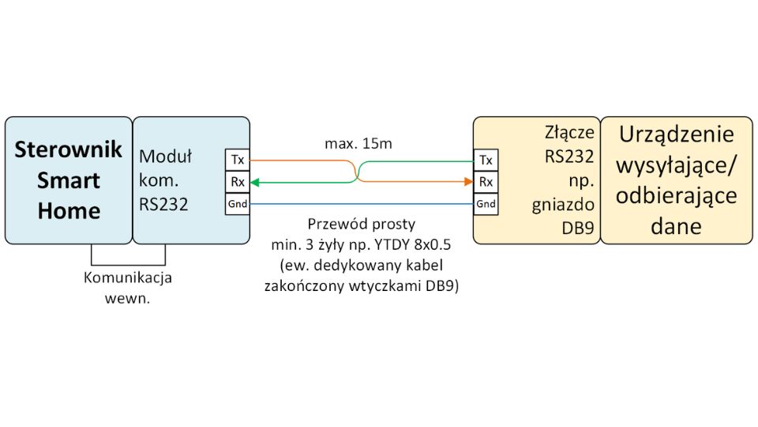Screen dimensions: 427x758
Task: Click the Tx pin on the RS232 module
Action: pyautogui.click(x=237, y=160)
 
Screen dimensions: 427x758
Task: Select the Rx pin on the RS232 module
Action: pyautogui.click(x=237, y=182)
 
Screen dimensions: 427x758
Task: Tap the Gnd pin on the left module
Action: pyautogui.click(x=237, y=204)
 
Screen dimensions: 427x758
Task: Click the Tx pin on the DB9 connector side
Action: pyautogui.click(x=486, y=160)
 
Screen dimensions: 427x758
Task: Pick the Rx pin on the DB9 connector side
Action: pyautogui.click(x=486, y=182)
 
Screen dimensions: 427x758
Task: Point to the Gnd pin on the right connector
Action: pyautogui.click(x=486, y=204)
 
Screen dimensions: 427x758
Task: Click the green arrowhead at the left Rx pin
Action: pyautogui.click(x=255, y=182)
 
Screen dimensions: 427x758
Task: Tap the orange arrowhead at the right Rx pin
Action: pyautogui.click(x=467, y=182)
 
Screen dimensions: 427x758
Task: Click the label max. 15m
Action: pyautogui.click(x=358, y=145)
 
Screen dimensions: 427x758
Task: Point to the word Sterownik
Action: pyautogui.click(x=69, y=149)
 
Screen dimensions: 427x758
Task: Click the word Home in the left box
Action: pyautogui.click(x=69, y=210)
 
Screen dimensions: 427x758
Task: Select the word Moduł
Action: pyautogui.click(x=165, y=155)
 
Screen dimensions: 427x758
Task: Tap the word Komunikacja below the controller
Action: pyautogui.click(x=128, y=278)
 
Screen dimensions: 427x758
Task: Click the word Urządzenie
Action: pyautogui.click(x=677, y=134)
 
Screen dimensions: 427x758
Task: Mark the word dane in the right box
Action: pyautogui.click(x=677, y=226)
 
